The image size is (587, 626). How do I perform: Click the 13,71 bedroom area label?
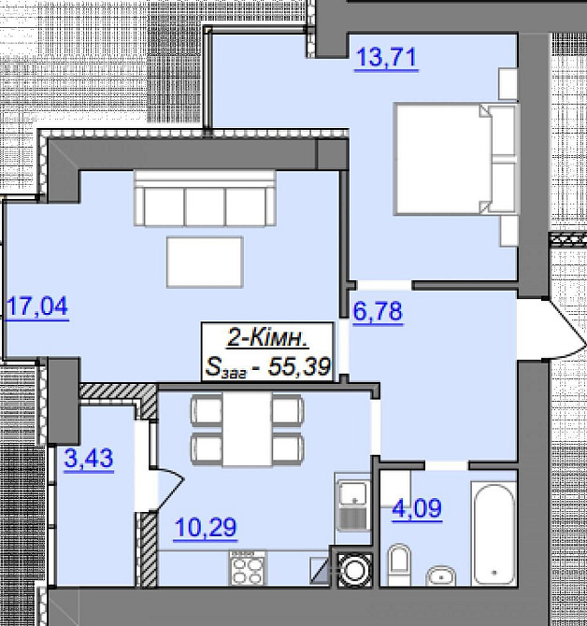tap(386, 58)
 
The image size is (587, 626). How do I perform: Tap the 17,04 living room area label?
tap(37, 307)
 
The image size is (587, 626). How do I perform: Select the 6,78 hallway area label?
tap(378, 312)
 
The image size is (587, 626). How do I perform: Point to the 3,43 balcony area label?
tap(89, 459)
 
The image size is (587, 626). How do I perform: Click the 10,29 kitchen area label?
tap(206, 528)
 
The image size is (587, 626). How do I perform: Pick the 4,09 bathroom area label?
tap(417, 509)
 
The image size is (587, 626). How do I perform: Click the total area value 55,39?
tap(299, 366)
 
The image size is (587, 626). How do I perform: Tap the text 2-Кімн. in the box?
tap(267, 339)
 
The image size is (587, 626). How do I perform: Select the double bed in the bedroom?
tap(455, 159)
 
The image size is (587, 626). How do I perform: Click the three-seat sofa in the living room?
tap(205, 198)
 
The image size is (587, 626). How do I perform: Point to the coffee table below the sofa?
tap(205, 263)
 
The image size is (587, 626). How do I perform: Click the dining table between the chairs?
tap(248, 429)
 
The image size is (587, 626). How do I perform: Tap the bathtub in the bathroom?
tap(494, 534)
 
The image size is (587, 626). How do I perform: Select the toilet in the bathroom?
tap(399, 564)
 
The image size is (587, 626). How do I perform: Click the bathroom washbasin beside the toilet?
tap(441, 576)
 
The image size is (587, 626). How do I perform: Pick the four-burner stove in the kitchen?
tap(248, 568)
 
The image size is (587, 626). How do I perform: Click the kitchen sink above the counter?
tap(353, 505)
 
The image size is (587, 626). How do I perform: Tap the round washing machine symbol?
tap(354, 570)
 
